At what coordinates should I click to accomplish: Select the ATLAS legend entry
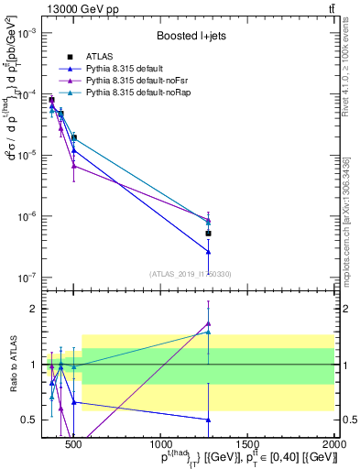point(98,58)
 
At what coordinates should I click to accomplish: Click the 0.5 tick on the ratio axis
point(33,420)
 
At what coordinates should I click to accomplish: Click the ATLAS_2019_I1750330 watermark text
point(190,274)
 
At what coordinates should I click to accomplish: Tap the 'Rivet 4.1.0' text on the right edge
point(353,73)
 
